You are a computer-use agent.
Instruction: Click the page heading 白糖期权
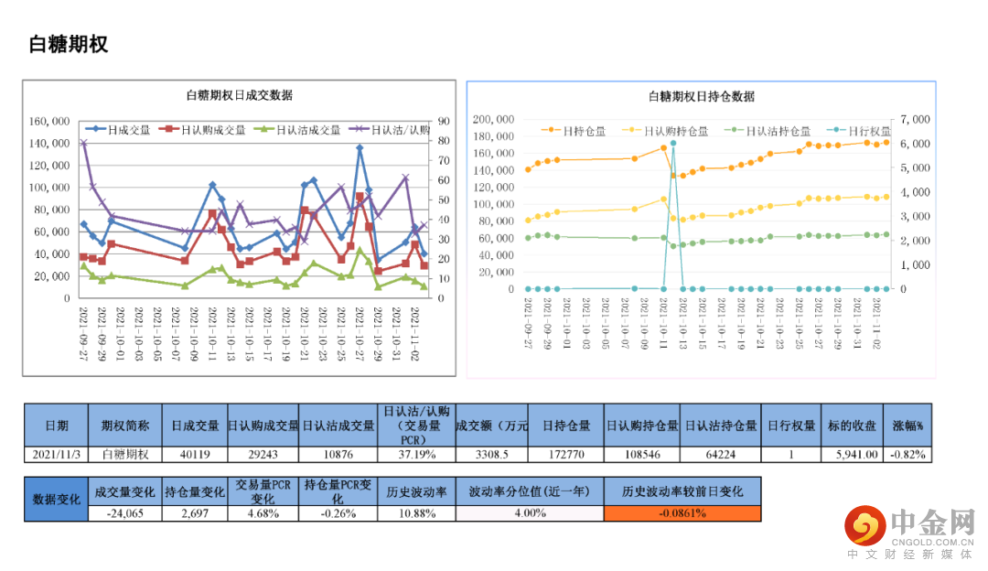[x=69, y=45]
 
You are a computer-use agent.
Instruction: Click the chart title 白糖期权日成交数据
[x=239, y=95]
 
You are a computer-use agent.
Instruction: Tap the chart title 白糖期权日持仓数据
[x=702, y=96]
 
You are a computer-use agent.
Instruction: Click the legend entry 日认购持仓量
[x=672, y=131]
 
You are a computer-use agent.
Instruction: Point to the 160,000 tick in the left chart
[x=49, y=121]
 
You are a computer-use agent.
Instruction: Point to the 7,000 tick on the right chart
[x=915, y=119]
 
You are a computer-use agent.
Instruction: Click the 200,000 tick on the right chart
[x=494, y=119]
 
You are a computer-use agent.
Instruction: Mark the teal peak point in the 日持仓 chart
[x=673, y=144]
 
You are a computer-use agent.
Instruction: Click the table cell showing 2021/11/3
[x=56, y=454]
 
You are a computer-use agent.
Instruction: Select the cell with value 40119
[x=195, y=454]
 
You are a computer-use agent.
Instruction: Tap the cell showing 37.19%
[x=417, y=454]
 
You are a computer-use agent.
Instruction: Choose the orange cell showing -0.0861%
[x=682, y=513]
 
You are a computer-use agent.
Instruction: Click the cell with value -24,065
[x=125, y=513]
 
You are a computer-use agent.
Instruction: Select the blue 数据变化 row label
[x=56, y=499]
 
